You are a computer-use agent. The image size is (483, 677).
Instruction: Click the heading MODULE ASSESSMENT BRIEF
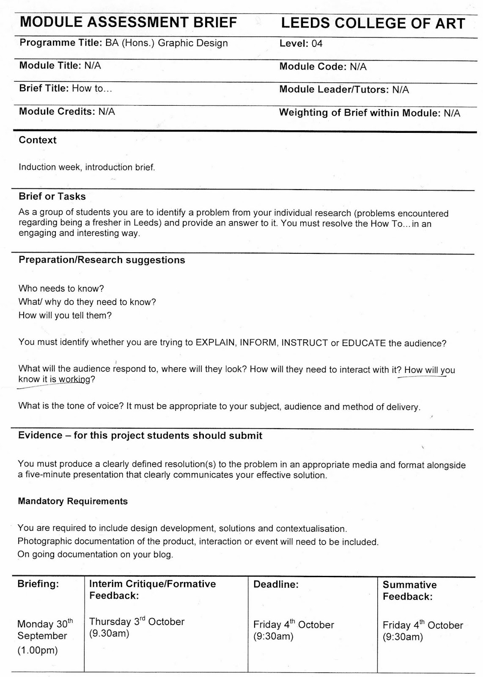pos(129,22)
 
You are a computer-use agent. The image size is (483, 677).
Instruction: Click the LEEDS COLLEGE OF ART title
pos(373,24)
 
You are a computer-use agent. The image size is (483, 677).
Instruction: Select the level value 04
pos(317,44)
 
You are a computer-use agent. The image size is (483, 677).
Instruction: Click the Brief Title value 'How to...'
pos(92,88)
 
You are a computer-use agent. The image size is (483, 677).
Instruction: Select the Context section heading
pos(38,140)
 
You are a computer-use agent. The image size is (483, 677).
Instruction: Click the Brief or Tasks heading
pos(52,196)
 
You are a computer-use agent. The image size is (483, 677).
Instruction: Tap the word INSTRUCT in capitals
pos(305,343)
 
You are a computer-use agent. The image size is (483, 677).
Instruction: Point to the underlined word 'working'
pos(74,379)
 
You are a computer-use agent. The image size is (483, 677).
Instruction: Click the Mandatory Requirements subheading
pos(73,501)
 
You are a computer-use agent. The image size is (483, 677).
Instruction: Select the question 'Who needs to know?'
pos(61,289)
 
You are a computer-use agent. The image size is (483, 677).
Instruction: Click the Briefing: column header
pos(38,584)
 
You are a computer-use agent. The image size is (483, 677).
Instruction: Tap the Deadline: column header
pos(276,584)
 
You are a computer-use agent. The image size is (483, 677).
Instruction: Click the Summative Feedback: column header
pos(409,591)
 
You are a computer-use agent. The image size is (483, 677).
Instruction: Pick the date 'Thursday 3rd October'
pos(137,622)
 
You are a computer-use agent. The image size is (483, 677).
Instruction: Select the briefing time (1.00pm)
pos(37,650)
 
